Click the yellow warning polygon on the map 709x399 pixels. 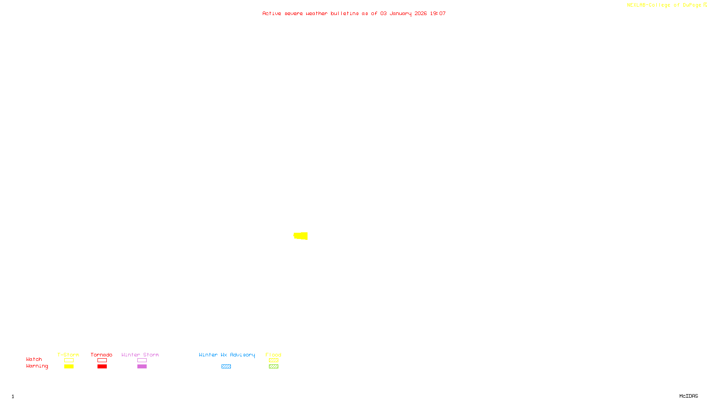pyautogui.click(x=301, y=236)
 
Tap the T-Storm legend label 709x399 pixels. pyautogui.click(x=68, y=355)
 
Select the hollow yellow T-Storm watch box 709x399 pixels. pyautogui.click(x=69, y=360)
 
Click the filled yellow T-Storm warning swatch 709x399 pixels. pyautogui.click(x=69, y=367)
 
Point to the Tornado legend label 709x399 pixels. pyautogui.click(x=101, y=355)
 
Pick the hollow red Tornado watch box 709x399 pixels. pyautogui.click(x=102, y=360)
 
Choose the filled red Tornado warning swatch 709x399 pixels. pyautogui.click(x=102, y=367)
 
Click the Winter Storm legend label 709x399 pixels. pyautogui.click(x=140, y=355)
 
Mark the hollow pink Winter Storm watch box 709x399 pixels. pyautogui.click(x=142, y=360)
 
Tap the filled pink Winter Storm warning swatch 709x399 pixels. pyautogui.click(x=142, y=367)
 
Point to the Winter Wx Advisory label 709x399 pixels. pyautogui.click(x=227, y=355)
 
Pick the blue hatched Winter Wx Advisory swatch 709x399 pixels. pyautogui.click(x=226, y=367)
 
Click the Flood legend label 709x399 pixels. pyautogui.click(x=273, y=355)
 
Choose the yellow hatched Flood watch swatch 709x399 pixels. pyautogui.click(x=273, y=360)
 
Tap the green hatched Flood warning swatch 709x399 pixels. pyautogui.click(x=273, y=367)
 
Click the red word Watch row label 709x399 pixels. pyautogui.click(x=34, y=360)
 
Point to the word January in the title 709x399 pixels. pyautogui.click(x=400, y=14)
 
